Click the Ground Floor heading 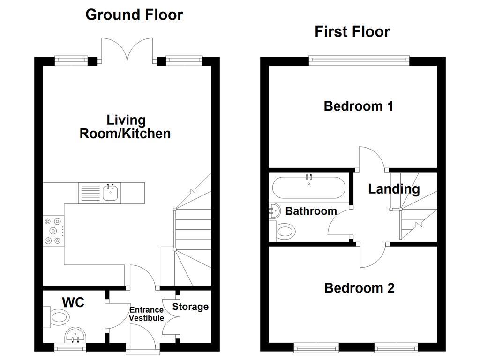134,15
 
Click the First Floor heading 352,31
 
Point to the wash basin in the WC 75,336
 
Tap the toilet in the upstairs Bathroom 285,231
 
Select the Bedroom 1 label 359,106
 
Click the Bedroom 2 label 359,287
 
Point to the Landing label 394,189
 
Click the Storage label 190,307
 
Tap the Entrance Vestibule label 147,314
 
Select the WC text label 74,302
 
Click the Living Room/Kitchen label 125,127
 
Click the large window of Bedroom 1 359,60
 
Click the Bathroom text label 311,211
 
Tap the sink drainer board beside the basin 89,193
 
